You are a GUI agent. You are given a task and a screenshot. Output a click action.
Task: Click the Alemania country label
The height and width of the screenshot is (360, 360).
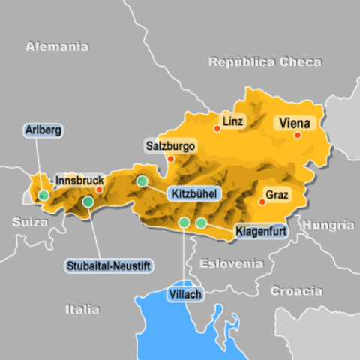tap(57, 46)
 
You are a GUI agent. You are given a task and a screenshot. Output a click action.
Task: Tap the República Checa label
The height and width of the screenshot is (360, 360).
tap(265, 61)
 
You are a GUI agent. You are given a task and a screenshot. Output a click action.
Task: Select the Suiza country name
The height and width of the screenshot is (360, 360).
tap(30, 222)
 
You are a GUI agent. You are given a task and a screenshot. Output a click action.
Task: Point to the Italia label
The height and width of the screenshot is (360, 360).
tap(82, 309)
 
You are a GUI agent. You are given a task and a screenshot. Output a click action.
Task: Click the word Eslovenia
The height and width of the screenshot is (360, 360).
tap(230, 263)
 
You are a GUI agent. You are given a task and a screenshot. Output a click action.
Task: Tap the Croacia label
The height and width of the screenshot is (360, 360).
tap(296, 290)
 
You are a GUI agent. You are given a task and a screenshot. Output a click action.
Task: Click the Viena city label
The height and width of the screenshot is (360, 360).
tap(295, 121)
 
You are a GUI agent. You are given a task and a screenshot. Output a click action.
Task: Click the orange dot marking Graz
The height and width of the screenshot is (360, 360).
tap(262, 201)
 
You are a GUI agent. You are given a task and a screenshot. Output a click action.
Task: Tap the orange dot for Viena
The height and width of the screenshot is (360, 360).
tap(298, 136)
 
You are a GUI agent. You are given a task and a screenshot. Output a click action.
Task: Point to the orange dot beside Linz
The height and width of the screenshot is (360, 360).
tap(217, 128)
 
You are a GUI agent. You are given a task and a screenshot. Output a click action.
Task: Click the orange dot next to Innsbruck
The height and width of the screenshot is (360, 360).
tap(99, 190)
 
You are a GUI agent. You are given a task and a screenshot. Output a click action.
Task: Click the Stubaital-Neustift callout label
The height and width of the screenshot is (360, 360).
tap(97, 264)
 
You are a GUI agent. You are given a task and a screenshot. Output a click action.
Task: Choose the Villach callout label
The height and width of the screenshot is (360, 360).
tap(185, 294)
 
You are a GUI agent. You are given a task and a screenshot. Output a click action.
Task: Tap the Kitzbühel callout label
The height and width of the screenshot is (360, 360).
tap(194, 194)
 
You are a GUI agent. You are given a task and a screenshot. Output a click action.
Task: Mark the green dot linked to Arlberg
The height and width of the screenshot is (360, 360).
tap(43, 195)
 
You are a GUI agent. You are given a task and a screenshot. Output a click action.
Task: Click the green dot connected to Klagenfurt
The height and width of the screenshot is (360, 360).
tap(201, 223)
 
